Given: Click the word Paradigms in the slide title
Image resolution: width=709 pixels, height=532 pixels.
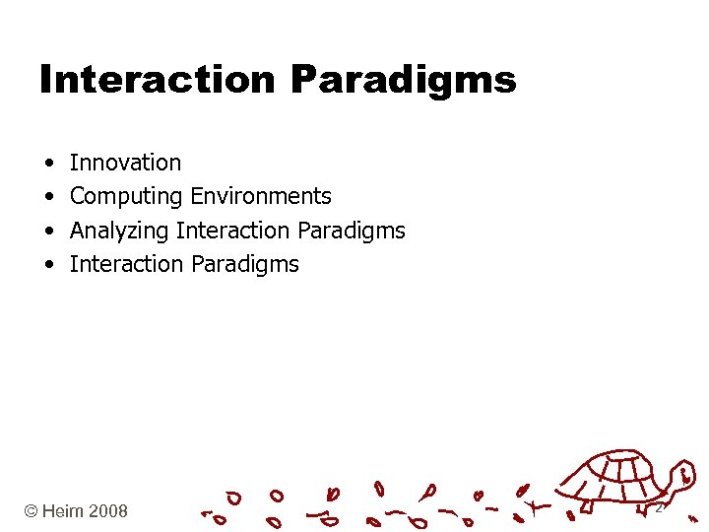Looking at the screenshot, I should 404,81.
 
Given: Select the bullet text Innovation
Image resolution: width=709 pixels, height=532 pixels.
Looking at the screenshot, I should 125,163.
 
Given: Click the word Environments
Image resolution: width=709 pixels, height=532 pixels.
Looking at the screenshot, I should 261,196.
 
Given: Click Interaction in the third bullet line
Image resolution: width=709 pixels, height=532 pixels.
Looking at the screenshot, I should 232,231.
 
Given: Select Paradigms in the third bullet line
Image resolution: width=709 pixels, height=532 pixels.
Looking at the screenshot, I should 351,232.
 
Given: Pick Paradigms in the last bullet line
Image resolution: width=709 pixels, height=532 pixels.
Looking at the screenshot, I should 245,265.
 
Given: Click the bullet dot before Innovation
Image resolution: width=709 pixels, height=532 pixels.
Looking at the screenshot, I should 47,164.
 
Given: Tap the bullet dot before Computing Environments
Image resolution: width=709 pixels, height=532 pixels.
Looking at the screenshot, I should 47,197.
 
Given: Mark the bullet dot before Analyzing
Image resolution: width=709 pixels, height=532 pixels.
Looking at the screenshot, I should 47,231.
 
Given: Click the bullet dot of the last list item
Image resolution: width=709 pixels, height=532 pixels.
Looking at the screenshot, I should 47,265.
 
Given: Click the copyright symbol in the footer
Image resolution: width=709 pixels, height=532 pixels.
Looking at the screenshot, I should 32,511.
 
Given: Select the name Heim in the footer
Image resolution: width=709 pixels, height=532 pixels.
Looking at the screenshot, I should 64,511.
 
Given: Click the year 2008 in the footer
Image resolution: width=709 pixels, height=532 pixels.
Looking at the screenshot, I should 107,511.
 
